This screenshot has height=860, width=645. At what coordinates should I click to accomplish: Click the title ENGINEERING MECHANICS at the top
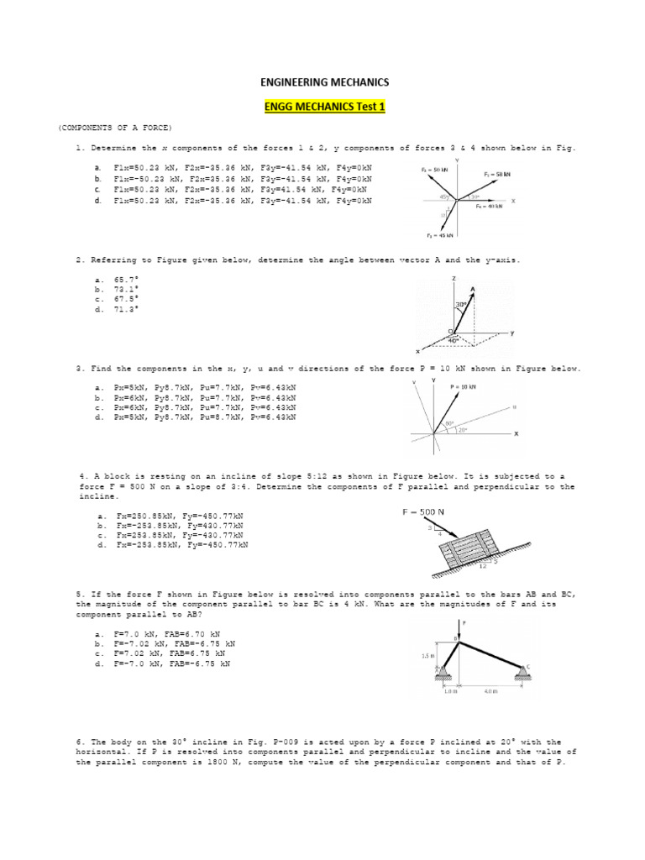[322, 82]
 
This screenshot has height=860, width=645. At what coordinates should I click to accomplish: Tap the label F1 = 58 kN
[497, 174]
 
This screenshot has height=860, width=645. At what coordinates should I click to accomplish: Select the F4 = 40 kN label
[490, 206]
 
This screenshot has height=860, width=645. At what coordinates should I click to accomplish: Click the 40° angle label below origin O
[454, 340]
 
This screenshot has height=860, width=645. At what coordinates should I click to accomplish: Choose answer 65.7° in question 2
[127, 278]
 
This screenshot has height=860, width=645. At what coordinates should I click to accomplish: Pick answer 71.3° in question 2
[127, 308]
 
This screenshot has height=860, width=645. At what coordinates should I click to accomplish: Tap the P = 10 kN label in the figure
[463, 386]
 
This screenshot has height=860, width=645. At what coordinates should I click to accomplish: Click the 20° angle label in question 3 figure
[462, 430]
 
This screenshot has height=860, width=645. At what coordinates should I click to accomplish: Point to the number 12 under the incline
[483, 565]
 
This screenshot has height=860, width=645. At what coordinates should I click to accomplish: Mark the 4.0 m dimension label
[490, 692]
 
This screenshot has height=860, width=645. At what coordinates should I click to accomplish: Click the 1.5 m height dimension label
[427, 655]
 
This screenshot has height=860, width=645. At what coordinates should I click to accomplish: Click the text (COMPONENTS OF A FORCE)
[115, 127]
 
